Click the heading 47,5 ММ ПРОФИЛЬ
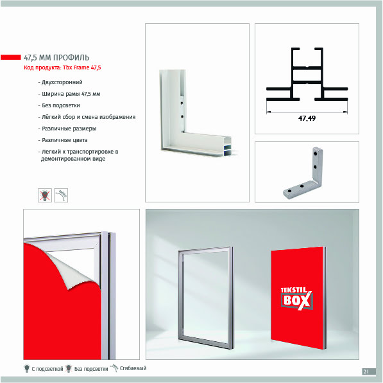point(56,57)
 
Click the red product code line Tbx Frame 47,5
point(62,67)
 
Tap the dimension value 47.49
point(307,118)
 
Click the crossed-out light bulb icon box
point(45,195)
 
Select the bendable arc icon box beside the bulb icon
point(61,195)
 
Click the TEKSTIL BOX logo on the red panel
point(296,299)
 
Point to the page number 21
point(366,371)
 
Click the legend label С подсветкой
point(47,369)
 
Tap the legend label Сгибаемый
point(133,368)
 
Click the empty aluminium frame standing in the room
point(180,294)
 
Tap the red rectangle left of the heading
point(11,57)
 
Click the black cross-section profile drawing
point(307,75)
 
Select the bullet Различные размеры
point(69,129)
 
